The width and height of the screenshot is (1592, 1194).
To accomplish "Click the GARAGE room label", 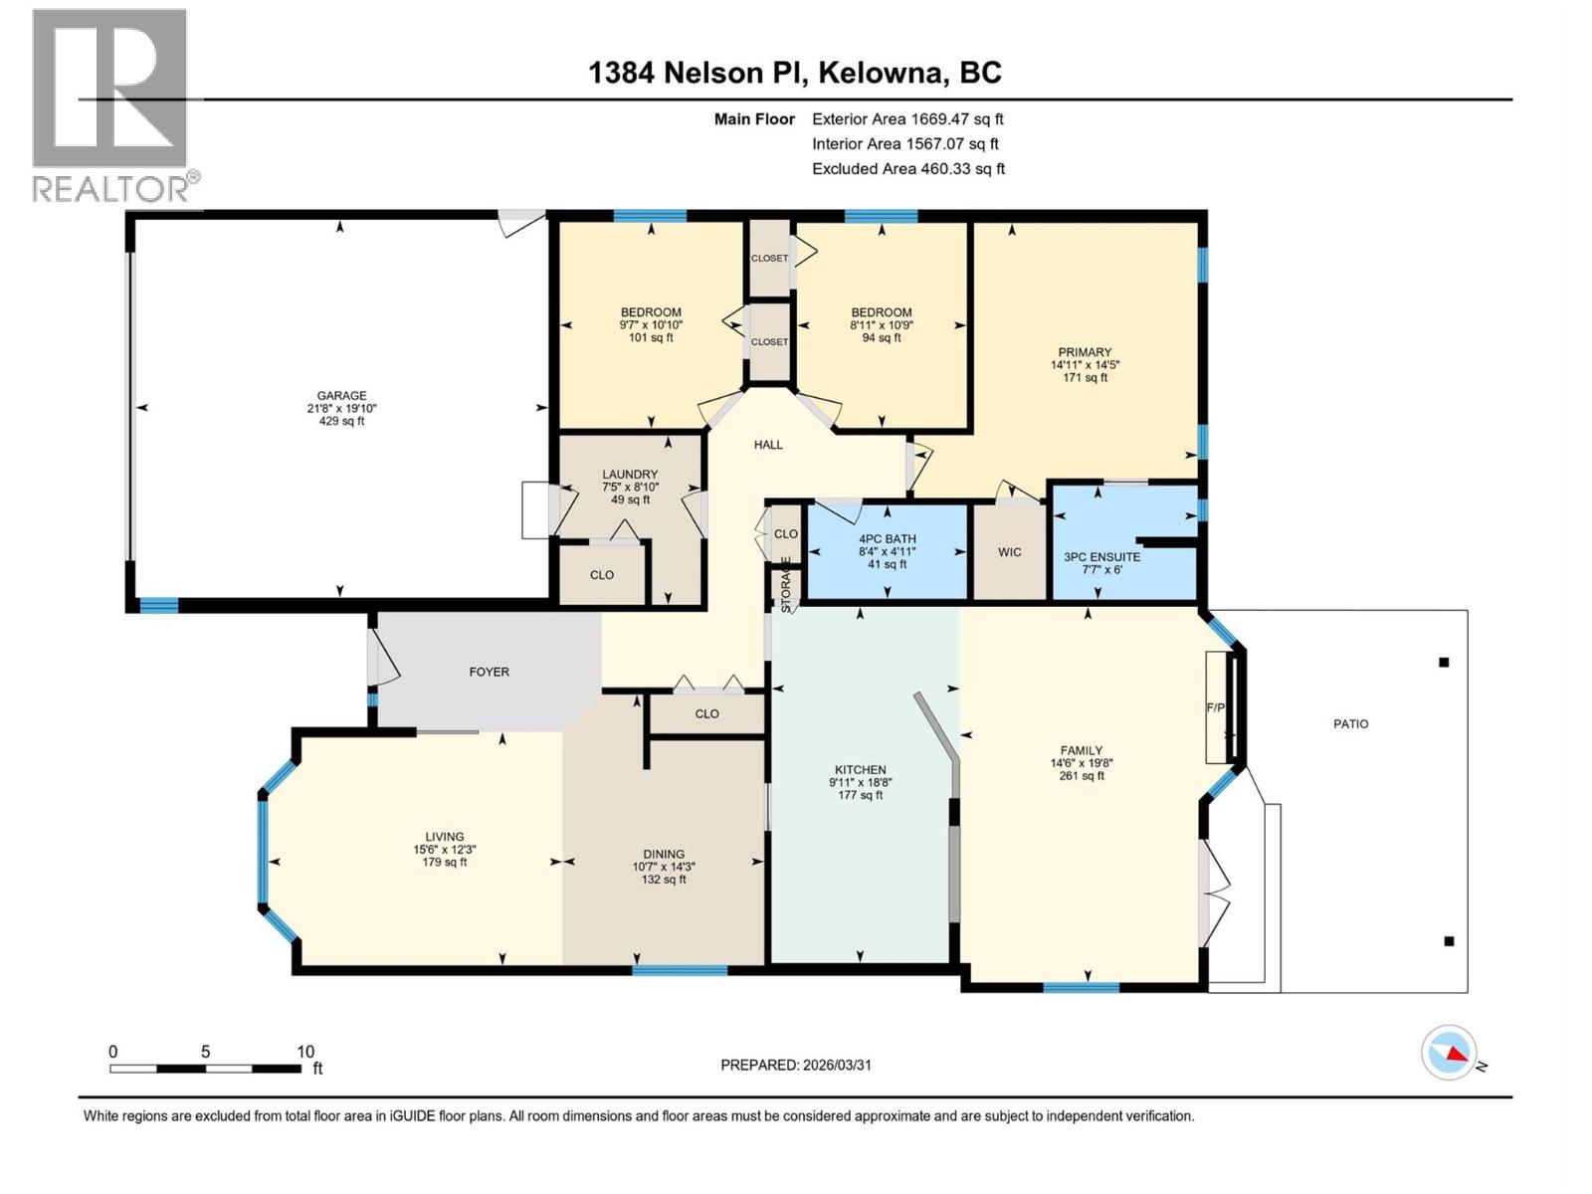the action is click(x=341, y=396).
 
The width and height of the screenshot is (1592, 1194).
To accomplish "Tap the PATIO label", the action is click(x=1350, y=723).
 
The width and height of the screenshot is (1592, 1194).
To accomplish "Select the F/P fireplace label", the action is click(x=1216, y=707).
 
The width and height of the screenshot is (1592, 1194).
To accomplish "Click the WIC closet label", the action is click(x=1010, y=552).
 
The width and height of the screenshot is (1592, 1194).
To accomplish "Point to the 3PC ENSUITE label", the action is click(x=1101, y=557).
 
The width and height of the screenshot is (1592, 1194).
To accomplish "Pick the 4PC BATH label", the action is click(x=887, y=539).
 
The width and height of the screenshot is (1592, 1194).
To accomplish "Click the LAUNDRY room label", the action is click(x=630, y=475).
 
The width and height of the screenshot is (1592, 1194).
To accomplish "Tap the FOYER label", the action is click(x=489, y=672).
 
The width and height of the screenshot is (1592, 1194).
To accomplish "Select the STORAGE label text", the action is click(x=786, y=584).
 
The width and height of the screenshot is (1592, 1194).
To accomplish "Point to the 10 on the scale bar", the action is click(x=305, y=1052).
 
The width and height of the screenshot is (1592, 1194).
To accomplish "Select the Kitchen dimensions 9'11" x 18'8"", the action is click(x=861, y=783).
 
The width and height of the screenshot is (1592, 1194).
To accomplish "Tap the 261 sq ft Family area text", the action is click(x=1082, y=776).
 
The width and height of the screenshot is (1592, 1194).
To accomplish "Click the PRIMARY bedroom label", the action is click(x=1085, y=352).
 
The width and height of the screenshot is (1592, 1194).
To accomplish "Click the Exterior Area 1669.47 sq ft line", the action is click(x=907, y=119).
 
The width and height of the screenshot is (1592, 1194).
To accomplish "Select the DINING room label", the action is click(x=664, y=854).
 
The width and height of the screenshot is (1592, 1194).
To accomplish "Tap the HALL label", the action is click(x=768, y=445).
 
